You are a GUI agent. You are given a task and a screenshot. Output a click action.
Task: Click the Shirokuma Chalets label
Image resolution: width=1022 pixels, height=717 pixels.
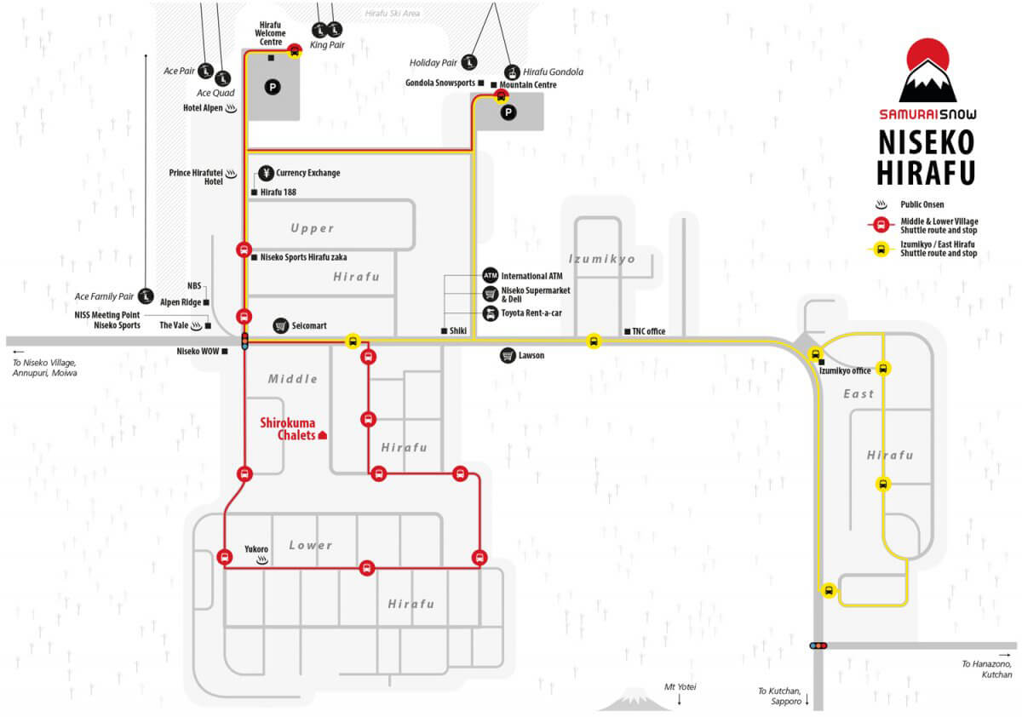click(x=288, y=429)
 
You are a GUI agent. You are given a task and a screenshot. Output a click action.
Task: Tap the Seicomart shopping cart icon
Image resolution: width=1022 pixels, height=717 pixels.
click(x=280, y=325)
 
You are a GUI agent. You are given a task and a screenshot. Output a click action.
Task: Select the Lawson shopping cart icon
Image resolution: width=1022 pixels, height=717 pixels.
click(x=508, y=355)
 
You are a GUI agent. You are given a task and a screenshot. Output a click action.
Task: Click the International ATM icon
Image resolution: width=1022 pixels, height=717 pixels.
click(x=490, y=276)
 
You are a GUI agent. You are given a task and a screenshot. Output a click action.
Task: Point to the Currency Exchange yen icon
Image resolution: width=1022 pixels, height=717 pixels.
click(x=266, y=173)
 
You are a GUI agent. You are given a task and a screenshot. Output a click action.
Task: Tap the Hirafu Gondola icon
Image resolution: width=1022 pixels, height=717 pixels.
click(x=512, y=72)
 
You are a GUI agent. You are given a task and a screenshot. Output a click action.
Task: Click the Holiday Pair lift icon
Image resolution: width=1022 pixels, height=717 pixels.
click(x=469, y=62)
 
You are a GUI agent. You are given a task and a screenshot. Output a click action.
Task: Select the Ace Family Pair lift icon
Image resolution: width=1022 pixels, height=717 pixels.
click(x=146, y=296)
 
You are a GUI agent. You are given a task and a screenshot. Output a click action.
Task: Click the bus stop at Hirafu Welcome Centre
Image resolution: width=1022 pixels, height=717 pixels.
click(x=295, y=50)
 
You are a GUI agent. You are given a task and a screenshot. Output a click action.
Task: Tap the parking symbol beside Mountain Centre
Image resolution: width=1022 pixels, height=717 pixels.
click(x=508, y=112)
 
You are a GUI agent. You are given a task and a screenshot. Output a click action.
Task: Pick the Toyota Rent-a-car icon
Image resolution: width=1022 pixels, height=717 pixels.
click(x=490, y=313)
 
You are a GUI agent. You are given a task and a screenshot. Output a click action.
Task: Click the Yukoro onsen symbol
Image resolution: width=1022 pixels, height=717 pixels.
click(x=262, y=560)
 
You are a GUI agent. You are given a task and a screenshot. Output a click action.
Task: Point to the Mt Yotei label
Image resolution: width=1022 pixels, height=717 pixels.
click(x=680, y=686)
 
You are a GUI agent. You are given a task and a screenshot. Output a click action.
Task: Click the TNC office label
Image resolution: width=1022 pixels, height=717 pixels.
click(x=648, y=331)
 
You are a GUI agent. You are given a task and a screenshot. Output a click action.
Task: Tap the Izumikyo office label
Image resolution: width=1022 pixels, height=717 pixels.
click(x=845, y=370)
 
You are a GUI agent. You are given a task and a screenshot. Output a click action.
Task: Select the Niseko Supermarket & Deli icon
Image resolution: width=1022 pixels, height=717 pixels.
click(x=490, y=294)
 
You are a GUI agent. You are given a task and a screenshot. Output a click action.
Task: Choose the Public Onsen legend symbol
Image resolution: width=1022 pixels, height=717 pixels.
click(x=881, y=204)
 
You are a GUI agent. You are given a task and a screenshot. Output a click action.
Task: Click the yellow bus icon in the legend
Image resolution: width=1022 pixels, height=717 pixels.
click(x=881, y=250)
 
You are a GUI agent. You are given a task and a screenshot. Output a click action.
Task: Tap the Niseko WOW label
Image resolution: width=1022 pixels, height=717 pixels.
click(x=198, y=351)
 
